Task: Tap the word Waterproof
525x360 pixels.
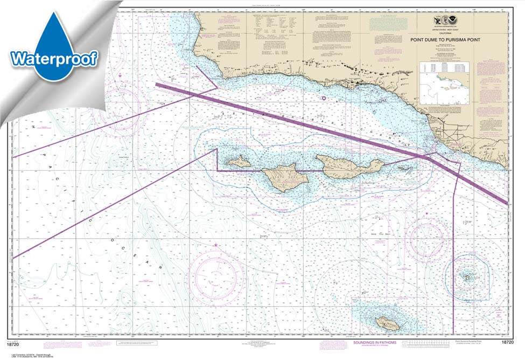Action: (54, 58)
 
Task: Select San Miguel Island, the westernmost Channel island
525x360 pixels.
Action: (237, 161)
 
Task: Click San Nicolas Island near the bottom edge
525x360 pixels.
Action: (388, 323)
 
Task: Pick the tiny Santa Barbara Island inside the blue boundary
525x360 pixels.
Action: (466, 277)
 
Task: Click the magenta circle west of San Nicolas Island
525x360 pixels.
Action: (216, 275)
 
